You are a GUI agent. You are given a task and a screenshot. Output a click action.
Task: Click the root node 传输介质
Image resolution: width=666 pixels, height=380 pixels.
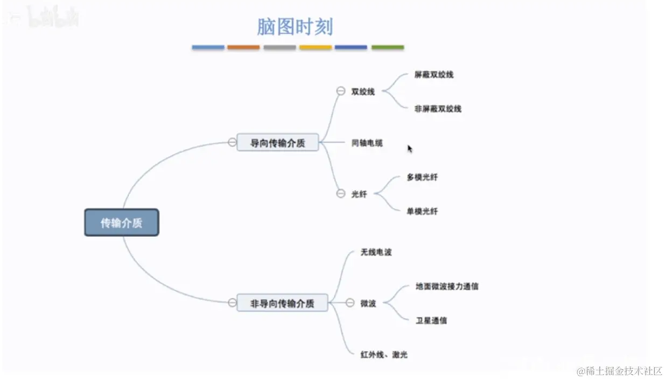click(122, 222)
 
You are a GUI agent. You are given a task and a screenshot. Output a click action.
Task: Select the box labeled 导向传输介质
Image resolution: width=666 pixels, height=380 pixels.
click(278, 143)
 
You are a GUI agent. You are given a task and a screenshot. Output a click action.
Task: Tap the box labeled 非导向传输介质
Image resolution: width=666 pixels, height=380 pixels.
click(282, 303)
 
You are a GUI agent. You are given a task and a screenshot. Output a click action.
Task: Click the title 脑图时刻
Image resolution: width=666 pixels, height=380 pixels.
click(295, 27)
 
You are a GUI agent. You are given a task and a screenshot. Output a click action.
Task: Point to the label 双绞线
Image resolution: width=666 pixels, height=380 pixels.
click(363, 92)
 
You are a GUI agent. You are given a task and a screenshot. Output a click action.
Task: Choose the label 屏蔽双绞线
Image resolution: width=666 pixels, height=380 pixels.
click(434, 74)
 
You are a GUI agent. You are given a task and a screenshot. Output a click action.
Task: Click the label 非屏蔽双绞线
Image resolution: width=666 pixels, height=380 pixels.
click(438, 109)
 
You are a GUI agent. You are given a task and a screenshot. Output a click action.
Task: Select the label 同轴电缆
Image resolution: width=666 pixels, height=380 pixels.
click(367, 143)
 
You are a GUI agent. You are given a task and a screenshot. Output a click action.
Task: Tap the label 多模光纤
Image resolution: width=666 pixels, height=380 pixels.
click(422, 177)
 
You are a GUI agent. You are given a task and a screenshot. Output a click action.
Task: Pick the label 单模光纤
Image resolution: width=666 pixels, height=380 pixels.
click(422, 212)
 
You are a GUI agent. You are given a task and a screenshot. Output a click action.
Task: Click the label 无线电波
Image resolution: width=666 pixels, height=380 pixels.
click(376, 252)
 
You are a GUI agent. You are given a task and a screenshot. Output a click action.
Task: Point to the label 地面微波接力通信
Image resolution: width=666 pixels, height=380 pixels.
click(447, 286)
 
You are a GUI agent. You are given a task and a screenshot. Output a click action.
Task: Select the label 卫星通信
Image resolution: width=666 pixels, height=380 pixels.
click(431, 321)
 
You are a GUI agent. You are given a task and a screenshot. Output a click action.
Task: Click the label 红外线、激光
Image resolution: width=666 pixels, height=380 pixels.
click(384, 355)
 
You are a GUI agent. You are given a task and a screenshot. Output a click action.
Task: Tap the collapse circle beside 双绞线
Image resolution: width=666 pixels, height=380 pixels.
click(340, 92)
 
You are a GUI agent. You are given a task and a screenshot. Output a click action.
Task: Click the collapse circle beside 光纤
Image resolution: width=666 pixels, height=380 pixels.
click(340, 194)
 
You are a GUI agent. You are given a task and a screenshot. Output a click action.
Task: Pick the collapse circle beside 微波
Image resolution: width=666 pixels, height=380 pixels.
click(349, 303)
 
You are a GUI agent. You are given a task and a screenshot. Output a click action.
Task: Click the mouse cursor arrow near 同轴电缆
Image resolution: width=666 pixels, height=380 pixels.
click(410, 149)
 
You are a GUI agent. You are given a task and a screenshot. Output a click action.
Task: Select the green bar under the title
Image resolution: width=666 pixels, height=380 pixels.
click(388, 47)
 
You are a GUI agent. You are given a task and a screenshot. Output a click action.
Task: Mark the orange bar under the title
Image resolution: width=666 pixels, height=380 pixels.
click(243, 47)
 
